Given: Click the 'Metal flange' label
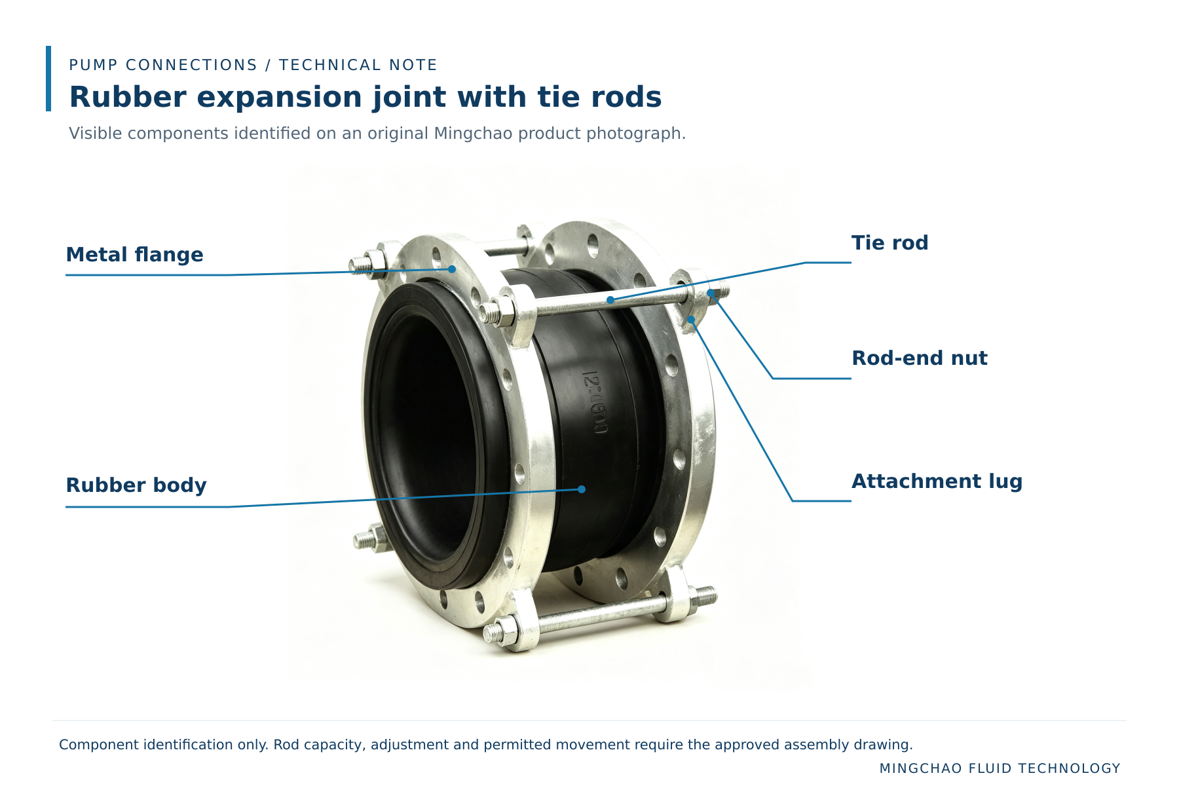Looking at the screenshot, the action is (134, 254).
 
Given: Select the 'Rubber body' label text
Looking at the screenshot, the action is (136, 485).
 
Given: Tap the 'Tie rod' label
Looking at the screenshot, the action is (889, 242).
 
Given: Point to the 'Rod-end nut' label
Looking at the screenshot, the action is (920, 358).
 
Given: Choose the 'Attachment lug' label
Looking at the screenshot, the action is (937, 481).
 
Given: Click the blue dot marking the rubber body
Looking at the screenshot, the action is (582, 489).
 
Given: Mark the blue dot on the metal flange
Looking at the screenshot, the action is (452, 269).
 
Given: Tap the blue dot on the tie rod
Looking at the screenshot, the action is (610, 300).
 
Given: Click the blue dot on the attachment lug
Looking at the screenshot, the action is (691, 320).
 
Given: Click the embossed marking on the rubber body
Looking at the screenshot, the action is (595, 403).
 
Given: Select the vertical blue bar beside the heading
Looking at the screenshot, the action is (48, 79).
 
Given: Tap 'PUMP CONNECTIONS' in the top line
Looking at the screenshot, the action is (163, 65).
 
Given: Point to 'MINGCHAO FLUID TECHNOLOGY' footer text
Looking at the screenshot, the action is (1000, 768).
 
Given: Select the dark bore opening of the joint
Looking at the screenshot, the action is (422, 432).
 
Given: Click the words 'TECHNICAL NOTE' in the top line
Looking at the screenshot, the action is (358, 65).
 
